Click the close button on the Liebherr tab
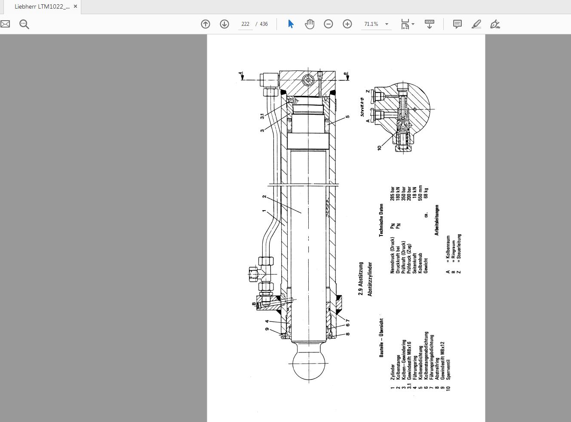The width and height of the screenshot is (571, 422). point(76,7)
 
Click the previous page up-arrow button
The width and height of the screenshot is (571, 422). point(206,24)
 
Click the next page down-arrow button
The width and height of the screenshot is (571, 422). point(224,24)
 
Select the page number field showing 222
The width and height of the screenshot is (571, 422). point(246,24)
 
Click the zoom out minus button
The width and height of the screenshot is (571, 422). point(328,24)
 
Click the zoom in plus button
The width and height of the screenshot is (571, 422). point(347,24)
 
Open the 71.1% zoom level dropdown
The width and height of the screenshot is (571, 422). point(387,24)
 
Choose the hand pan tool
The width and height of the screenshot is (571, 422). point(310,24)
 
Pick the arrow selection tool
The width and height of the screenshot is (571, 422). point(291,24)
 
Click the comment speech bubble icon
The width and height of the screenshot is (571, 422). point(457,24)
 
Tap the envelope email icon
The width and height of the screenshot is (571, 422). point(5,24)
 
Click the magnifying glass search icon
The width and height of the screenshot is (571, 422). point(25,24)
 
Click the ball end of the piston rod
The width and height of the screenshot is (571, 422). point(308,363)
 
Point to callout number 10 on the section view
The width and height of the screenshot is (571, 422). point(379,147)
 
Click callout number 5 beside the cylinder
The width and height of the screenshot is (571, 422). point(348,116)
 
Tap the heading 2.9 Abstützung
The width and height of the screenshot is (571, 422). point(361,278)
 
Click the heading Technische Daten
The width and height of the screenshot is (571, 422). point(381,220)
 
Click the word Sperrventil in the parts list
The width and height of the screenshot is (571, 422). point(449,369)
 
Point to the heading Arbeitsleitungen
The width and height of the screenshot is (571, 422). point(437,220)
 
